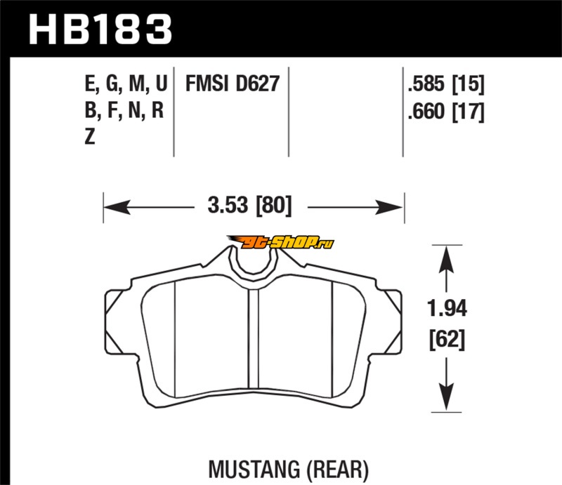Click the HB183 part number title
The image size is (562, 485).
click(x=100, y=29)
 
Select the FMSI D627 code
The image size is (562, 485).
click(x=233, y=84)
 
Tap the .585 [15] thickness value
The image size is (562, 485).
click(x=446, y=84)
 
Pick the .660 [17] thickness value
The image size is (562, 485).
click(x=446, y=112)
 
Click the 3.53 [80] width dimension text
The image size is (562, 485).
click(x=250, y=206)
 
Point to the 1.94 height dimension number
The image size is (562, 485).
click(x=447, y=308)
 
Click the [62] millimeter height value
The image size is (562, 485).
click(x=447, y=339)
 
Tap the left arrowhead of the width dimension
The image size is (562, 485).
click(x=117, y=207)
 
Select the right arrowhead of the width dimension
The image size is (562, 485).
click(x=390, y=207)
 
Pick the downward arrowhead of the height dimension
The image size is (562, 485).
click(x=447, y=397)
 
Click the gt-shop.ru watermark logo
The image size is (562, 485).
click(x=280, y=242)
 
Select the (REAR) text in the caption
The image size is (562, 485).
click(x=337, y=470)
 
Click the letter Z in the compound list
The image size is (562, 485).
click(x=90, y=137)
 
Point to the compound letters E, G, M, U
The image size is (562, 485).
click(x=126, y=84)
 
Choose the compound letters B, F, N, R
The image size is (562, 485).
click(x=124, y=111)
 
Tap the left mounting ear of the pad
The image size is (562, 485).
click(x=115, y=321)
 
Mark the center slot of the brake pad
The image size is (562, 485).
click(x=254, y=338)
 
